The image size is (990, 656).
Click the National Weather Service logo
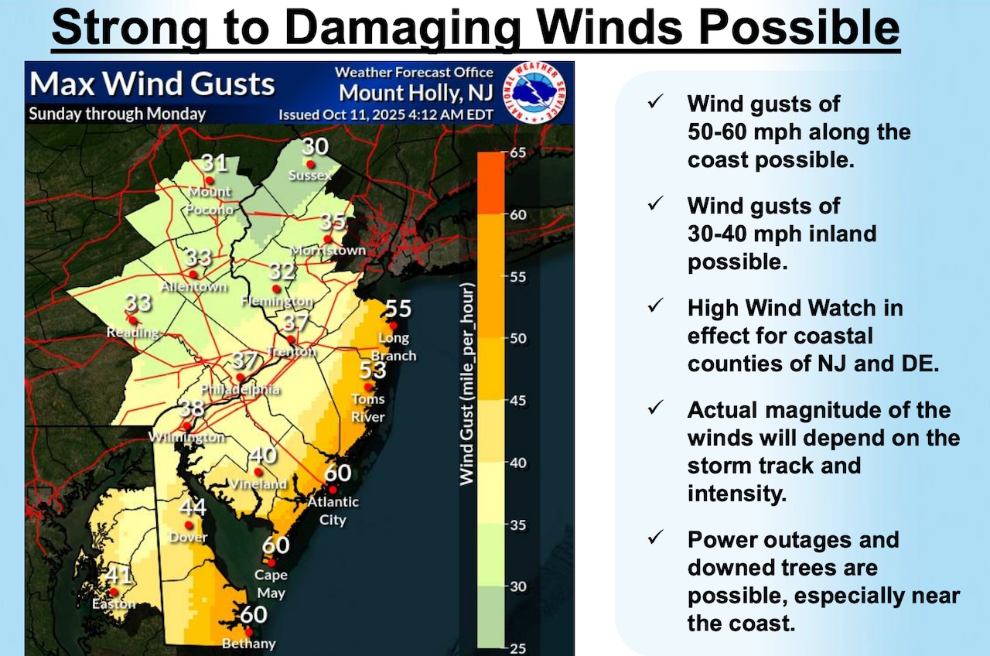point(535,91)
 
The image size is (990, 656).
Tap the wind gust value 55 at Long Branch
point(398,309)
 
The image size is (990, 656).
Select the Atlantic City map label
point(333,511)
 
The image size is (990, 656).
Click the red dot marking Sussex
point(310,164)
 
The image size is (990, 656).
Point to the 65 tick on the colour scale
point(516,152)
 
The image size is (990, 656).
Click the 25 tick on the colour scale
point(516,648)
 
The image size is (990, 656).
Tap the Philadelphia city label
point(240,389)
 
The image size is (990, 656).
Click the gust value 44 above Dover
point(193,507)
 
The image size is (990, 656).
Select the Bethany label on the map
point(248,644)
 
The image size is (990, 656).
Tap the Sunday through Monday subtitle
point(117,114)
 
